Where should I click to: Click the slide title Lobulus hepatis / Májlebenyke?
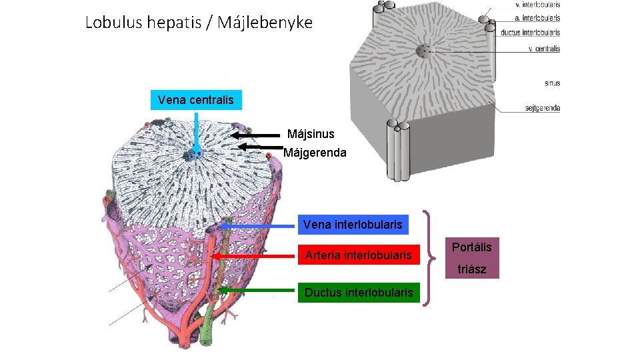tap(199, 23)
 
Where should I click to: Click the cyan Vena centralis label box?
tap(196, 100)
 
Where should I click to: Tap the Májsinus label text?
tap(311, 135)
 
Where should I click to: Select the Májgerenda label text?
tap(315, 153)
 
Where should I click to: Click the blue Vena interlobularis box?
tap(352, 225)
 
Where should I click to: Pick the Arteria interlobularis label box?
tap(358, 255)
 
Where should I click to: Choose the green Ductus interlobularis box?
tap(359, 292)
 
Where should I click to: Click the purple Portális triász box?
tap(471, 258)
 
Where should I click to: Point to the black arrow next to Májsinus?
tap(257, 135)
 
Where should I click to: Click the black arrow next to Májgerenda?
tap(260, 147)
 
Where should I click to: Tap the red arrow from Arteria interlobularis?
tap(253, 256)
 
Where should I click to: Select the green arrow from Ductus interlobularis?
tap(257, 291)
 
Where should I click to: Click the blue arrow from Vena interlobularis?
tap(257, 226)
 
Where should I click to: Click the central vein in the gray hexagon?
tap(423, 51)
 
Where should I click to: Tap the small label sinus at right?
tap(552, 83)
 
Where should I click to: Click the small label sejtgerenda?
tap(542, 108)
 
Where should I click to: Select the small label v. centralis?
tap(543, 49)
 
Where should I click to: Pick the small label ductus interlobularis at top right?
tap(531, 32)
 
